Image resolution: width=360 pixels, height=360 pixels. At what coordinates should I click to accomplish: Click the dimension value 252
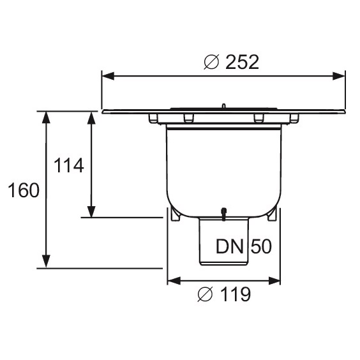coord(242,62)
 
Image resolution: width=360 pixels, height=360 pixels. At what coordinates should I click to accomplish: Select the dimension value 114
coord(69,165)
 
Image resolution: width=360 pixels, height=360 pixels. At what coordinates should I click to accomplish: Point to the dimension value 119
coord(236,294)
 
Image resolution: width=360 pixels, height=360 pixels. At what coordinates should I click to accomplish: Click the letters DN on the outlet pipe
coord(230,246)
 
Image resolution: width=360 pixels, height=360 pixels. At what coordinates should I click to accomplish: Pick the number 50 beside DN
coord(261,246)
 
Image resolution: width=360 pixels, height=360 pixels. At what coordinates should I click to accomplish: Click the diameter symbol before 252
coord(211,62)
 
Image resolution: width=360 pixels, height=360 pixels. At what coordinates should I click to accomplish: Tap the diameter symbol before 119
coord(205,294)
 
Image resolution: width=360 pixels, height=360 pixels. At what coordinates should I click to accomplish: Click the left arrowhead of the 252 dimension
coord(108,76)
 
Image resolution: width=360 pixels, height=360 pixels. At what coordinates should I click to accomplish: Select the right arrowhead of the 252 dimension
coord(339,76)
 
